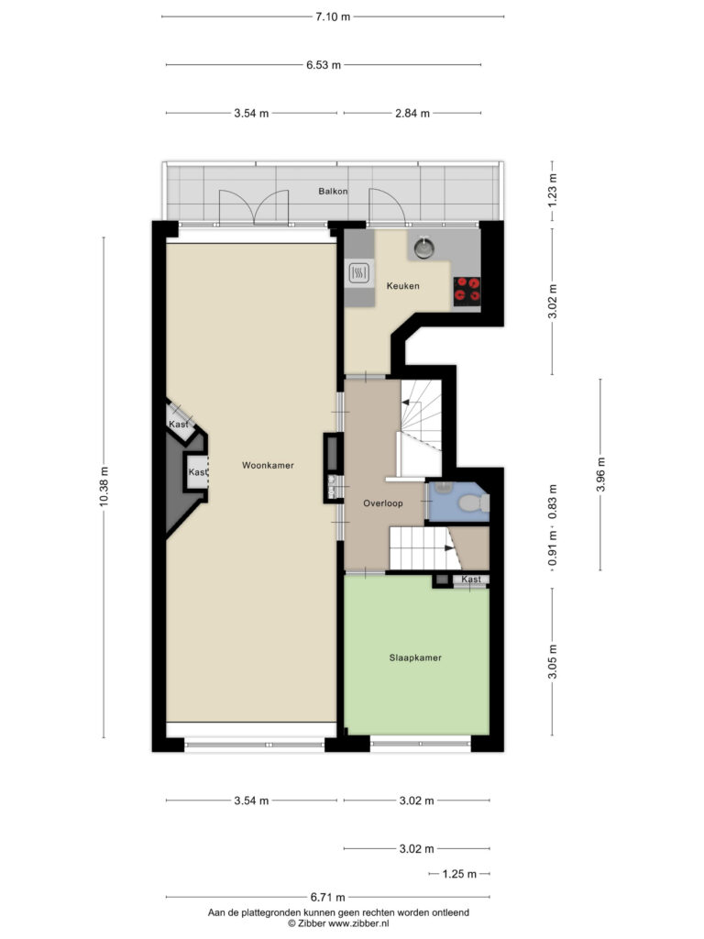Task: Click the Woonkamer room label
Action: point(268,465)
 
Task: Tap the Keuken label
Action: point(403,286)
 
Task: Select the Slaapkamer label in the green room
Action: point(415,657)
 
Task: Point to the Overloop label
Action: point(383,503)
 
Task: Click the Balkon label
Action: point(333,191)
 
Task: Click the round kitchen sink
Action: point(424,248)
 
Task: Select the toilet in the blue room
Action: point(473,503)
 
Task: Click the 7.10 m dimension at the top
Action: point(333,17)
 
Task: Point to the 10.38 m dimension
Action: point(104,487)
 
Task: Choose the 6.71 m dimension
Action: point(327,897)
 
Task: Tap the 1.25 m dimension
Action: point(460,874)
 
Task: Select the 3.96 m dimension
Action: point(600,474)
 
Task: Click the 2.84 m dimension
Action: point(412,113)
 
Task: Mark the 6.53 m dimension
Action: point(324,65)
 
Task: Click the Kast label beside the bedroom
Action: point(471,580)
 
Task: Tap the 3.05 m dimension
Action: point(553,662)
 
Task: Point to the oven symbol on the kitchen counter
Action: point(359,273)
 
